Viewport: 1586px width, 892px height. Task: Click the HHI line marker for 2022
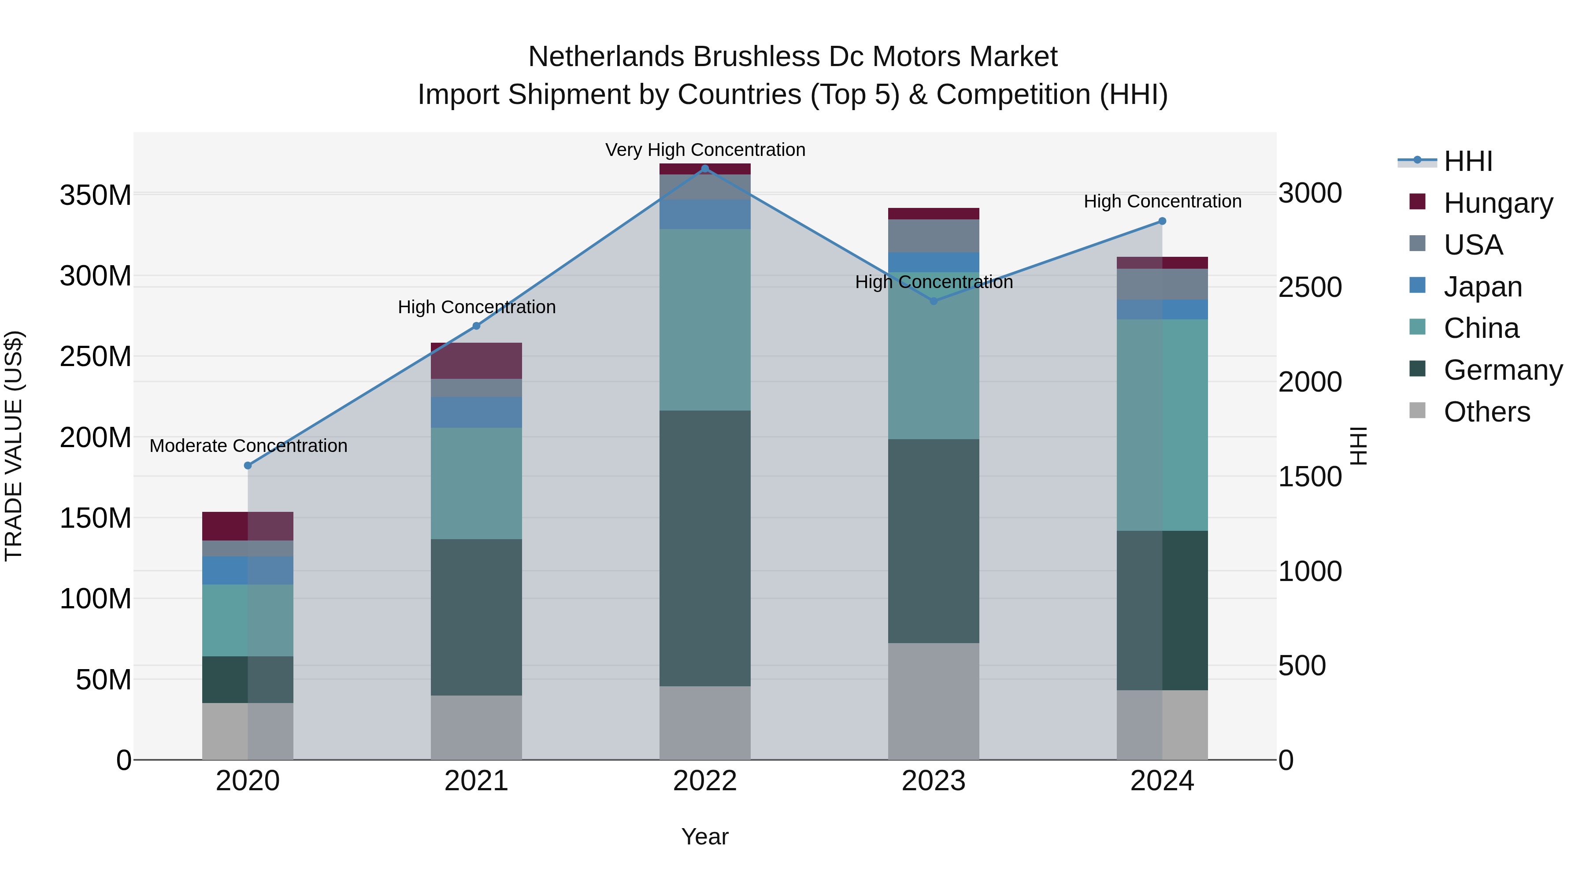705,169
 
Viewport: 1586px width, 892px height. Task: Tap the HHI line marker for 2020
248,466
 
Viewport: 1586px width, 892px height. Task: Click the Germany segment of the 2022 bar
705,548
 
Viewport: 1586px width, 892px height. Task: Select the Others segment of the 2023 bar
934,701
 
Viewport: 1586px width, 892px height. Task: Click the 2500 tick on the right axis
1310,288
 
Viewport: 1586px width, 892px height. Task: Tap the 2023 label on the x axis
934,781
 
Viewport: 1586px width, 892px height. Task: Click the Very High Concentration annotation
705,150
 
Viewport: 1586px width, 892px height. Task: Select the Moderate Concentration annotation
248,446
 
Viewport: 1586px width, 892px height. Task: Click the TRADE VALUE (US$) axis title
14,446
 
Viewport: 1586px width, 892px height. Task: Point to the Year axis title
704,836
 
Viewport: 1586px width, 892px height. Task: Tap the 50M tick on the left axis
103,680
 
